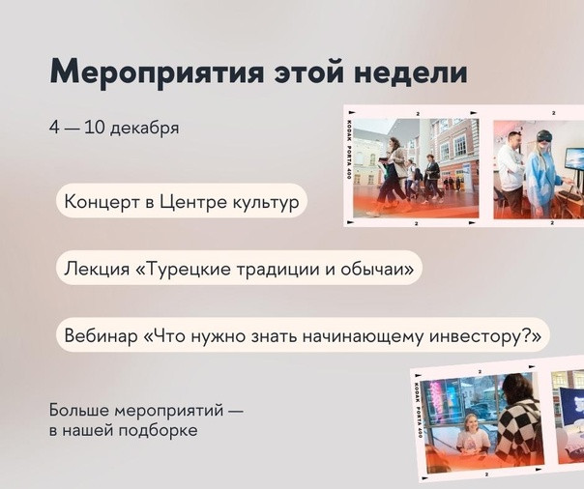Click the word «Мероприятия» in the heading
pos(157,72)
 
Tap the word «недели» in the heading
pos(410,71)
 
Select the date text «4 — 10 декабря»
pos(114,128)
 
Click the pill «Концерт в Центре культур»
pos(182,201)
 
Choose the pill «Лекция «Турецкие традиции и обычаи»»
pos(239,268)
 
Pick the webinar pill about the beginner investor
pos(303,335)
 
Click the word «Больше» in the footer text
pos(79,410)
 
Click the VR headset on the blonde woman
pos(543,136)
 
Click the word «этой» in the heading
pos(308,71)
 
